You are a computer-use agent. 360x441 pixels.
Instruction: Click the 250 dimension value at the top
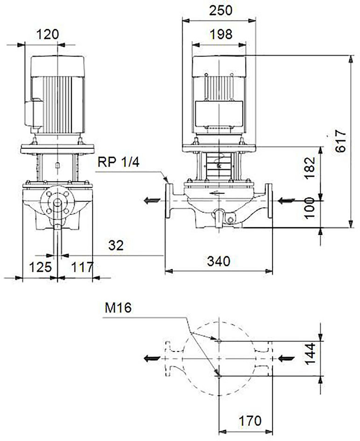[x=221, y=10]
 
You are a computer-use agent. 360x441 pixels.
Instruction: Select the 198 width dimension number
[x=221, y=34]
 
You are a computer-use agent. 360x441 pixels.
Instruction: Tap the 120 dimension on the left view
[x=48, y=35]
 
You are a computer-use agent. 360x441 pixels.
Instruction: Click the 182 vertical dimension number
[x=310, y=168]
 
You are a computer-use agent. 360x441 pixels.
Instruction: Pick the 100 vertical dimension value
[x=310, y=208]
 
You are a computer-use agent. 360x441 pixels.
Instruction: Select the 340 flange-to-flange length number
[x=219, y=261]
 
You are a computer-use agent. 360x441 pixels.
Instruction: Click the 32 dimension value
[x=116, y=245]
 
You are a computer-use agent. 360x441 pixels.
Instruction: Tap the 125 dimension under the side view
[x=41, y=267]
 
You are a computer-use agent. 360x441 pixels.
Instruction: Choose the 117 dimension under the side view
[x=82, y=267]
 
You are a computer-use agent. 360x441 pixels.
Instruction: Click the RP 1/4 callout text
[x=119, y=162]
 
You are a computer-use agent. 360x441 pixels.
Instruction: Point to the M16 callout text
[x=118, y=308]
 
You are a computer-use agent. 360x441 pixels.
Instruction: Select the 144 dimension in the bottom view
[x=310, y=354]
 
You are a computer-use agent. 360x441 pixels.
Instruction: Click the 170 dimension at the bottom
[x=250, y=421]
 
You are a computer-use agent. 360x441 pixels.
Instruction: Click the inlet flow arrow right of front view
[x=286, y=201]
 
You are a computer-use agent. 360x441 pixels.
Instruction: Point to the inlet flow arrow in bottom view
[x=286, y=358]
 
